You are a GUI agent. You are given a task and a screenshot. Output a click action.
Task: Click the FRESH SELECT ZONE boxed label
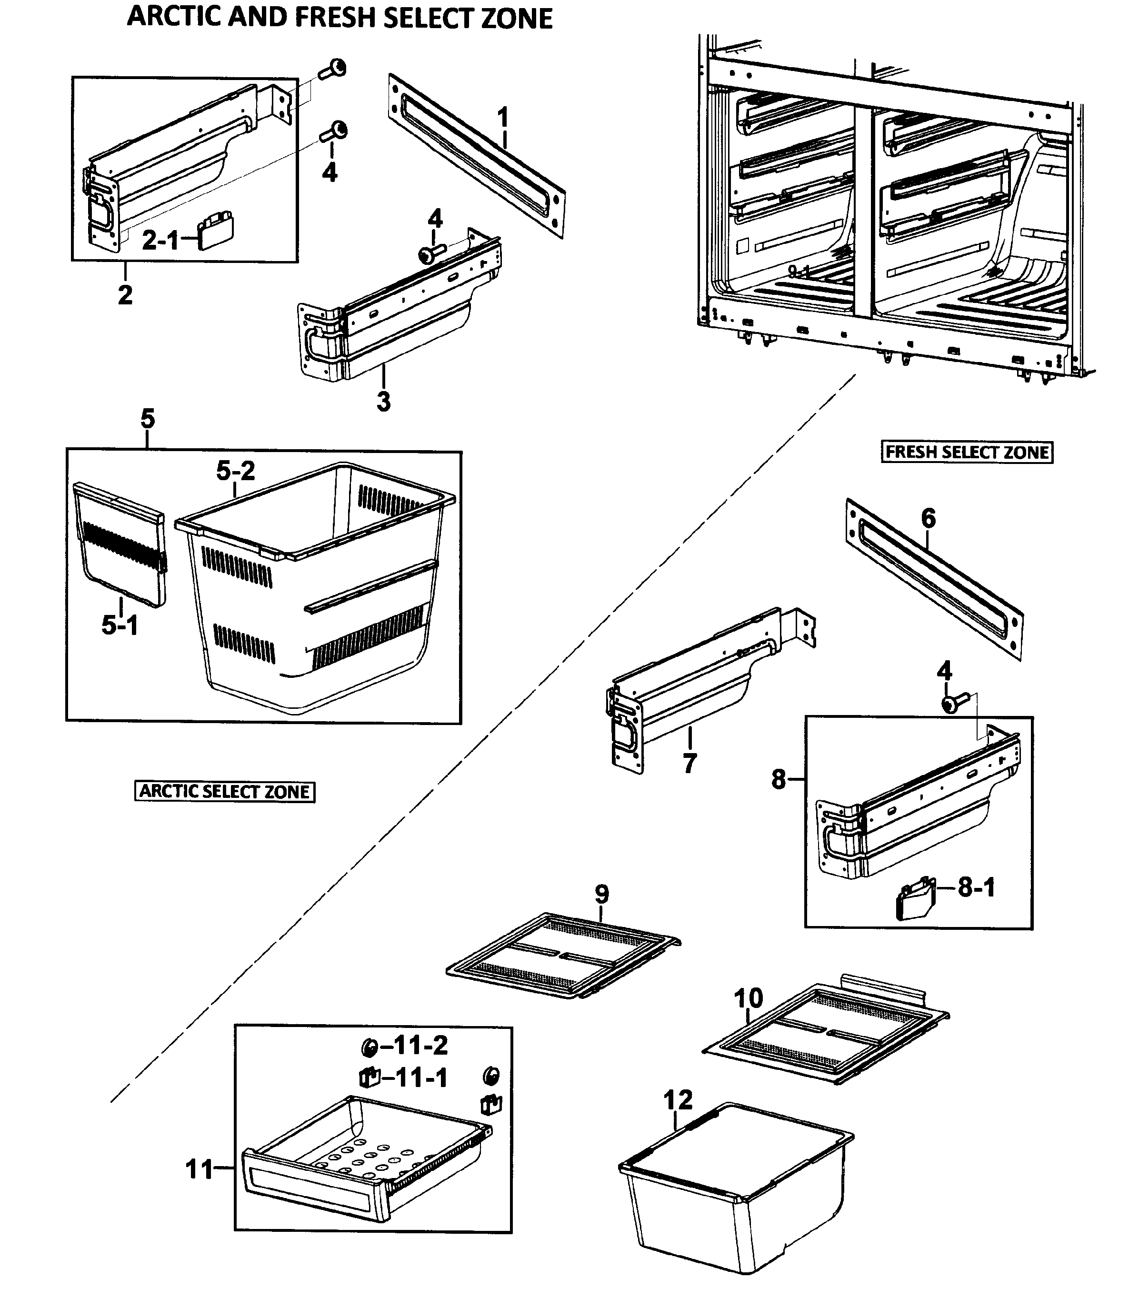click(x=966, y=452)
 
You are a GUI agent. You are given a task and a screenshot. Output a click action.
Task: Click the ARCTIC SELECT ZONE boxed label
click(x=224, y=791)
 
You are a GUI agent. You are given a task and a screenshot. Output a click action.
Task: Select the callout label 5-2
click(x=235, y=471)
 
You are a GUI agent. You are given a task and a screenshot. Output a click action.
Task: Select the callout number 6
click(x=928, y=518)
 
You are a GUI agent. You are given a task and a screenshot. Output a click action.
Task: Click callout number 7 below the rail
click(x=689, y=764)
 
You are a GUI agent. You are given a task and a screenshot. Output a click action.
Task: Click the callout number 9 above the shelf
click(x=602, y=894)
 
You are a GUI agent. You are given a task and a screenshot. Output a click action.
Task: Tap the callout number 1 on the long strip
click(x=502, y=117)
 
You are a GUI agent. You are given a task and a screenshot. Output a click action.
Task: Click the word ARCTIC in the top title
click(x=174, y=17)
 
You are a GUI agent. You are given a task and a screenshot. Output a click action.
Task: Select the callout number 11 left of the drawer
click(x=199, y=1170)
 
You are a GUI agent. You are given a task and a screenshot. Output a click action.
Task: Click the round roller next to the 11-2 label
click(x=369, y=1047)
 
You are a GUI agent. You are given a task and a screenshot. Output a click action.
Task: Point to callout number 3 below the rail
click(x=383, y=401)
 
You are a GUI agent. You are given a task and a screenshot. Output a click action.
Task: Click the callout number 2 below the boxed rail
click(x=125, y=294)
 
